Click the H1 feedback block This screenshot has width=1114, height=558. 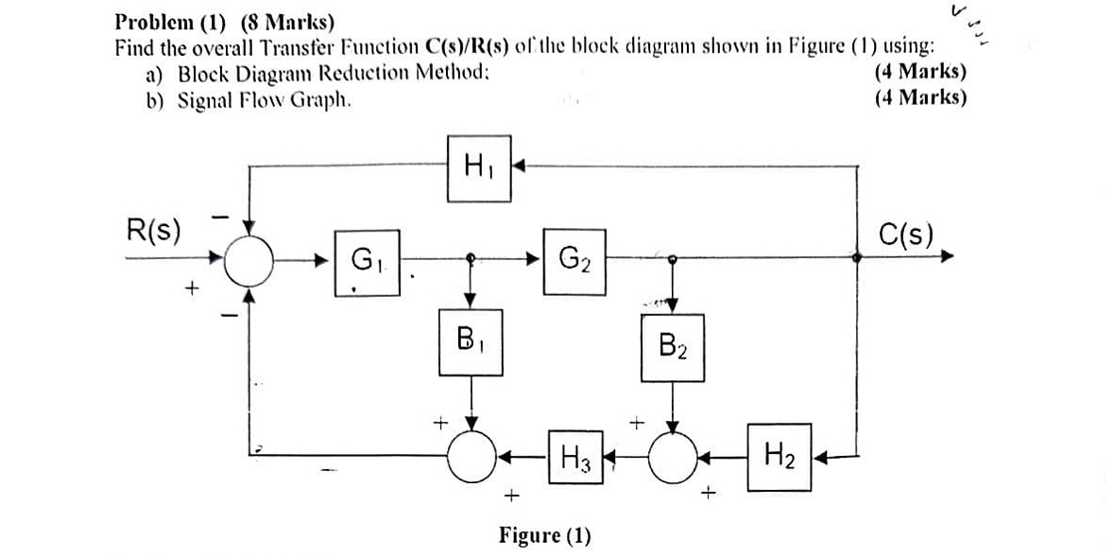[x=479, y=169]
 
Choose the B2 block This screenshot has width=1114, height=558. [x=672, y=349]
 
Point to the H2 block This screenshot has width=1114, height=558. [x=779, y=458]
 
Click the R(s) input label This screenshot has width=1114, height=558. [x=155, y=230]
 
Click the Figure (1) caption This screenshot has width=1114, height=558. [x=545, y=536]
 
